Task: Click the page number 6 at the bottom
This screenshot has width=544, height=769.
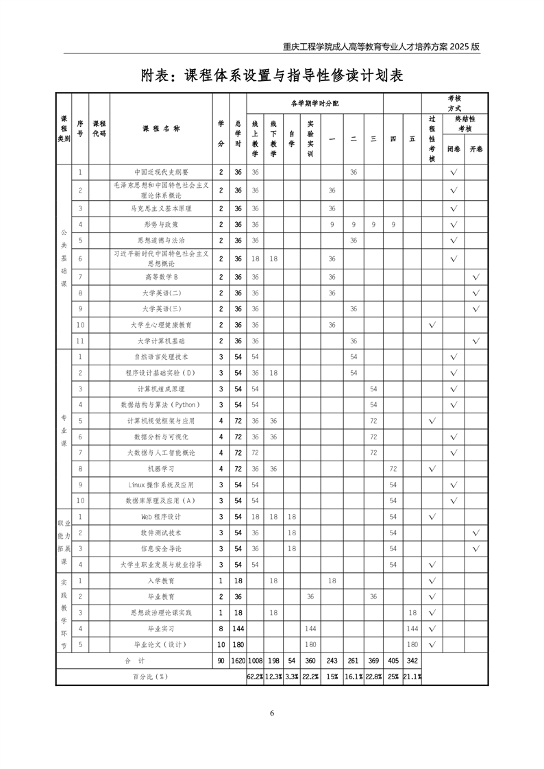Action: pyautogui.click(x=272, y=713)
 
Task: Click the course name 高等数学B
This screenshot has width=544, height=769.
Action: pyautogui.click(x=161, y=277)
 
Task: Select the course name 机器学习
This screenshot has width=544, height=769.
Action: pyautogui.click(x=161, y=469)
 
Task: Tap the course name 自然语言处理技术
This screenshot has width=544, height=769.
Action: pyautogui.click(x=161, y=357)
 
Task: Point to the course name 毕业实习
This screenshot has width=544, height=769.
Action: pyautogui.click(x=161, y=628)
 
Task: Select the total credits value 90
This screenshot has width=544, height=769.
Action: pyautogui.click(x=221, y=661)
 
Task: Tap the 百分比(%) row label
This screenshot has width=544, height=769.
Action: pyautogui.click(x=150, y=676)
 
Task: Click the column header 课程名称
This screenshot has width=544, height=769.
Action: pyautogui.click(x=161, y=128)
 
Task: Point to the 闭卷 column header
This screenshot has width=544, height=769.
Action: pyautogui.click(x=454, y=149)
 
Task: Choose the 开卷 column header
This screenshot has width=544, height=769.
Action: pyautogui.click(x=476, y=149)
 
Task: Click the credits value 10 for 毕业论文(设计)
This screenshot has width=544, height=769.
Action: pyautogui.click(x=221, y=644)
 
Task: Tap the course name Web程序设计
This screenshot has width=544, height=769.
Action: pyautogui.click(x=161, y=517)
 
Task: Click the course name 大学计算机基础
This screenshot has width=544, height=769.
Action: pyautogui.click(x=161, y=341)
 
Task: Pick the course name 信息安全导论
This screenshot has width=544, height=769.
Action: pyautogui.click(x=161, y=548)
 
